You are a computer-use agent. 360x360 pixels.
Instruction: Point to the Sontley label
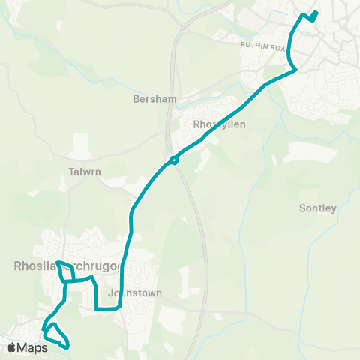pos(317,208)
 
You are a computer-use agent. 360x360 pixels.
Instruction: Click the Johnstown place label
pos(135,293)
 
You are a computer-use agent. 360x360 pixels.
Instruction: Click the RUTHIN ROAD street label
pos(264,46)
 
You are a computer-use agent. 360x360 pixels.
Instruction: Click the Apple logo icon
pos(11,348)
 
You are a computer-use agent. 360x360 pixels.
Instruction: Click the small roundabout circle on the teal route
pos(173,159)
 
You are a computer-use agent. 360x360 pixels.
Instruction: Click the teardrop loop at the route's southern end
pos(57,335)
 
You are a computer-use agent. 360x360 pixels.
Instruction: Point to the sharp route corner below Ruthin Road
pos(296,70)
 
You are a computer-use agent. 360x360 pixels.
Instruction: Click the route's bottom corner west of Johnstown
pos(97,307)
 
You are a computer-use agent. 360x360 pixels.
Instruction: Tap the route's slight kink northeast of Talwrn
pos(131,214)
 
